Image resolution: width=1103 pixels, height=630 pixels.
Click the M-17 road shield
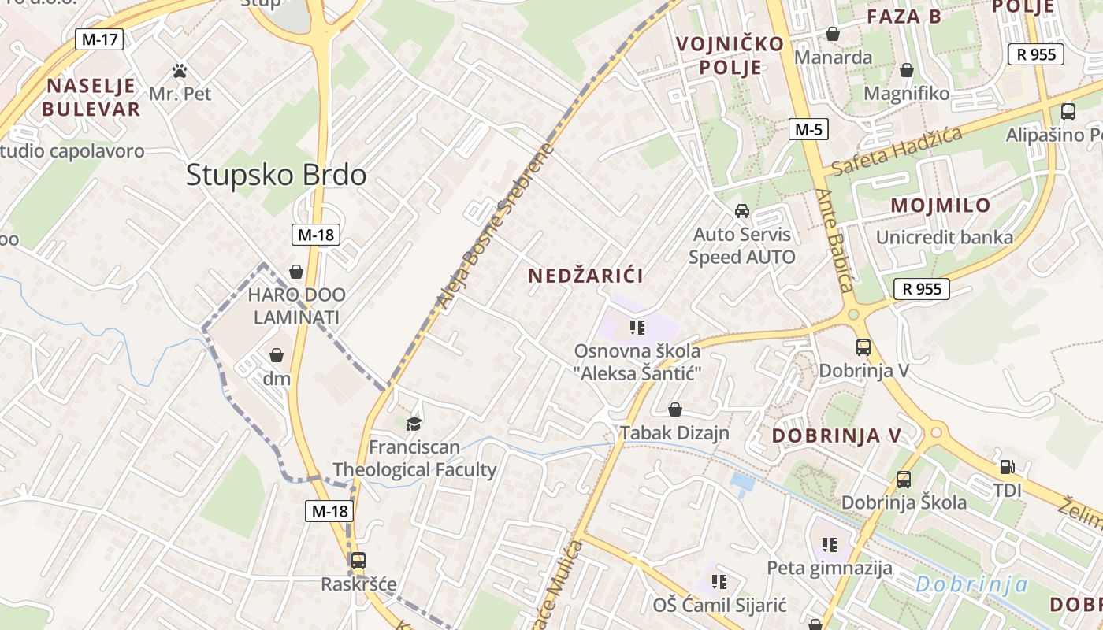tap(99, 39)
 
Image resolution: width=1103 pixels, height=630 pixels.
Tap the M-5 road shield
tap(808, 129)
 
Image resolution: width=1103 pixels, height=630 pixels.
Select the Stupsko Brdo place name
tap(276, 175)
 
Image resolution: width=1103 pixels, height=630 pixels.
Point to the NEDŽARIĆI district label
tap(586, 276)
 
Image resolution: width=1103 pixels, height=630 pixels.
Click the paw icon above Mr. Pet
tap(180, 71)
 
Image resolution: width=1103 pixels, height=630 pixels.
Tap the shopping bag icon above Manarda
tap(833, 34)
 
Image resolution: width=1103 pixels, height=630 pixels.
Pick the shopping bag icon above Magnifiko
tap(907, 70)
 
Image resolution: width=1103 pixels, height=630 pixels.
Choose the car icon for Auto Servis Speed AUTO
tap(741, 211)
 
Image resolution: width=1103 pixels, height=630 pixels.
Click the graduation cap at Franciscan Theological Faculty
tap(414, 424)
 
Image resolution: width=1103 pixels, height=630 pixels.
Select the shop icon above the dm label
tap(277, 355)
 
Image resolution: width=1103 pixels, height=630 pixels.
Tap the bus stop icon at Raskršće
tap(358, 560)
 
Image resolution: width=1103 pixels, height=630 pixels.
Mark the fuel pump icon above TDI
tap(1007, 467)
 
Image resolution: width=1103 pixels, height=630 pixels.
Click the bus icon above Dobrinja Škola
tap(904, 479)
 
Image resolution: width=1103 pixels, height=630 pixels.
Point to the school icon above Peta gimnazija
tap(829, 544)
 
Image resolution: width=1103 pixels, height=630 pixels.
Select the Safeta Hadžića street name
tap(897, 150)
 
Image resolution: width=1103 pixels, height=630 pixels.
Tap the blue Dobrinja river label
tap(972, 584)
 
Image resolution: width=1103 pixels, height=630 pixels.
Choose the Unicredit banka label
tap(945, 237)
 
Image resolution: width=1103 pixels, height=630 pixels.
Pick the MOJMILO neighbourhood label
tap(941, 206)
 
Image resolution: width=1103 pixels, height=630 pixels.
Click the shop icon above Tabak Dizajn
tap(674, 409)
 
